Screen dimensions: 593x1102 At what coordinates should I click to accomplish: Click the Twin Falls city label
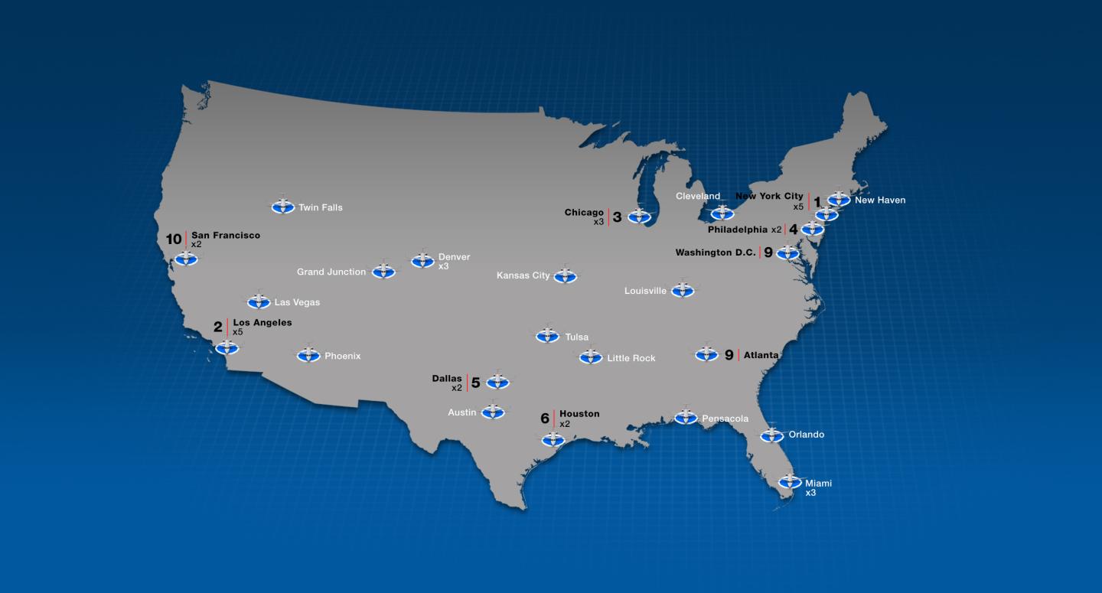pyautogui.click(x=320, y=207)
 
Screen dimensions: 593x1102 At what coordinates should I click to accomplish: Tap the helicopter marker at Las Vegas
pyautogui.click(x=259, y=301)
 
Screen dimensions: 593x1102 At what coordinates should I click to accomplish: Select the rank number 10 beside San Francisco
pyautogui.click(x=174, y=239)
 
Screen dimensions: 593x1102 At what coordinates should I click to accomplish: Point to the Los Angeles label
pyautogui.click(x=262, y=323)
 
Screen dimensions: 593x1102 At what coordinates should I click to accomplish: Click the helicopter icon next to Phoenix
pyautogui.click(x=308, y=355)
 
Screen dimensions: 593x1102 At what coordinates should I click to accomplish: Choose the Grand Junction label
pyautogui.click(x=331, y=272)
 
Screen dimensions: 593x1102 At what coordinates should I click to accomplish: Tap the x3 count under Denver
pyautogui.click(x=444, y=266)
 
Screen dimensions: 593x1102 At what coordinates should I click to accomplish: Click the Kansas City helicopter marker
pyautogui.click(x=565, y=275)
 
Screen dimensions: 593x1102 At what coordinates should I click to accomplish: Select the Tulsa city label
pyautogui.click(x=576, y=337)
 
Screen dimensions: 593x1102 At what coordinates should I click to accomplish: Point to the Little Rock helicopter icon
pyautogui.click(x=590, y=357)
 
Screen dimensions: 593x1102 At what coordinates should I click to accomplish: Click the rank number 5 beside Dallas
pyautogui.click(x=475, y=383)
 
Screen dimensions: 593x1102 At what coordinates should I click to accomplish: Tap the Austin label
pyautogui.click(x=462, y=412)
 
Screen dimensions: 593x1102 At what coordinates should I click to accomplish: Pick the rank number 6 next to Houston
pyautogui.click(x=545, y=419)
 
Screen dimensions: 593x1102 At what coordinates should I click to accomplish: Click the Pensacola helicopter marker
pyautogui.click(x=686, y=417)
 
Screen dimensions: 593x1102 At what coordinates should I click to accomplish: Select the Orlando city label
pyautogui.click(x=807, y=435)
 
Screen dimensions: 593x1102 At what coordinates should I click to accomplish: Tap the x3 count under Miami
pyautogui.click(x=810, y=493)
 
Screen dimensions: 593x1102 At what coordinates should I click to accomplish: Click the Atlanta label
pyautogui.click(x=761, y=355)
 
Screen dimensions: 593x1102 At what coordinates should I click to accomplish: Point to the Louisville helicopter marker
pyautogui.click(x=682, y=290)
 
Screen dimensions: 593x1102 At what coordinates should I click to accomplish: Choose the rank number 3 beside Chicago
pyautogui.click(x=617, y=217)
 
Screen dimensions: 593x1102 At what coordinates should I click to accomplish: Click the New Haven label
pyautogui.click(x=880, y=200)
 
